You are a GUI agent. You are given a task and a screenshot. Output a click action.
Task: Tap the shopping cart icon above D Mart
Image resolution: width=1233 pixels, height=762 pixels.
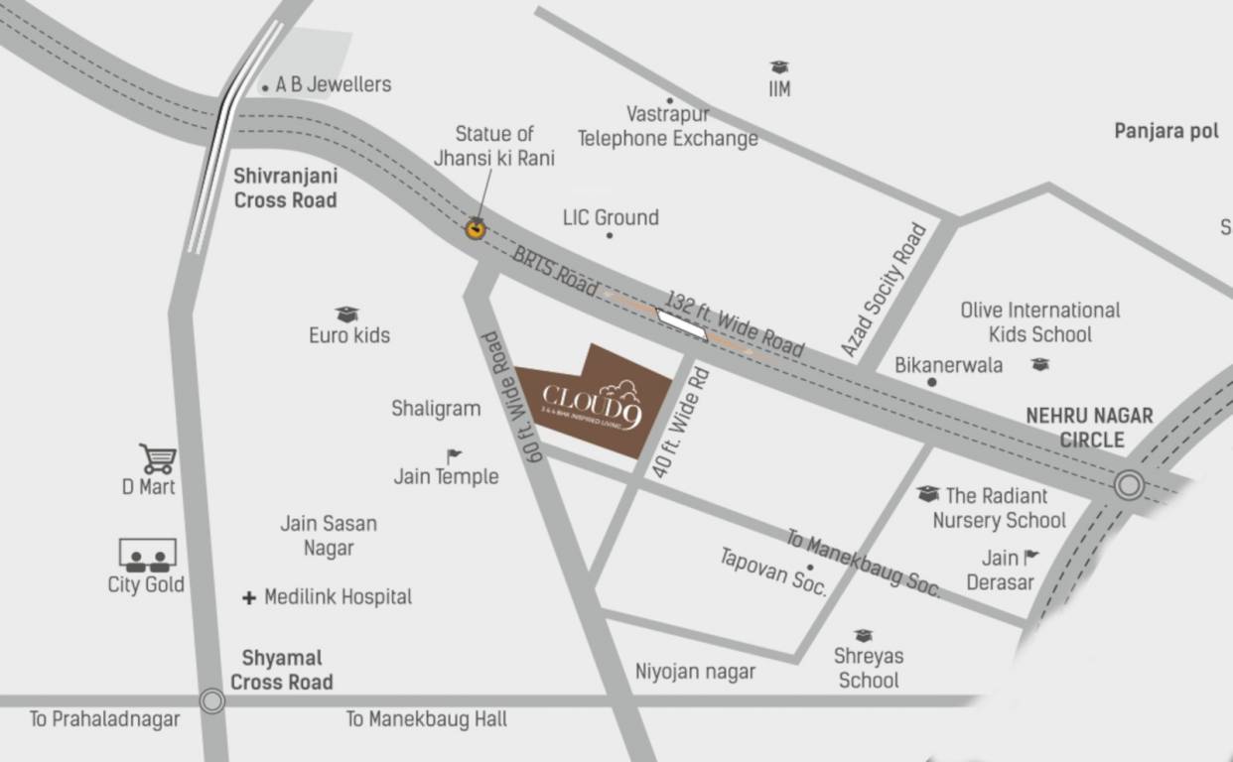tap(158, 458)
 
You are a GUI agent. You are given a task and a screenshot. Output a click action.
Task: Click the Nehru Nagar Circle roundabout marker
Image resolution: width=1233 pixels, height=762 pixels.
tap(1128, 485)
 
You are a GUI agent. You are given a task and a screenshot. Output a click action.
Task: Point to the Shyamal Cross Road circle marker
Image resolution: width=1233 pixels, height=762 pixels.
tap(211, 701)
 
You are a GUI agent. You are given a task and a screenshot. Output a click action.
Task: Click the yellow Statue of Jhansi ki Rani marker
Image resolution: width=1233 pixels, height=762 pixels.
tap(477, 229)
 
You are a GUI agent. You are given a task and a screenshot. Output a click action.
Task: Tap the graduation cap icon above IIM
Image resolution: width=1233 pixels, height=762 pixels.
tap(779, 66)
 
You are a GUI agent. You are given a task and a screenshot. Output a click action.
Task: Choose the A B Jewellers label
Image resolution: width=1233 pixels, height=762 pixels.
tap(334, 85)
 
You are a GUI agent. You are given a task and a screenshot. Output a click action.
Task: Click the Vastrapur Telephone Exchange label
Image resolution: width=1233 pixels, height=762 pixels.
tap(668, 127)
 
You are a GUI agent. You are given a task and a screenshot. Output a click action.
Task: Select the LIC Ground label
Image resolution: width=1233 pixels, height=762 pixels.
tap(611, 217)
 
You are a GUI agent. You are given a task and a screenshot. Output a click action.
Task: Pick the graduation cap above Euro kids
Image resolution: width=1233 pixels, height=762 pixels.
tap(346, 315)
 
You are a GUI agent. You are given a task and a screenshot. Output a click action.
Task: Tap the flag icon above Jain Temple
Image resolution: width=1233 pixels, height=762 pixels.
tap(454, 456)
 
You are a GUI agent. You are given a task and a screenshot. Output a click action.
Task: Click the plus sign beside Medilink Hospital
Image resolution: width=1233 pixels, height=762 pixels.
tap(249, 598)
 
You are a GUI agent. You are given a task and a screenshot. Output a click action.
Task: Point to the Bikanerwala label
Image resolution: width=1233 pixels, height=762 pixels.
tap(948, 365)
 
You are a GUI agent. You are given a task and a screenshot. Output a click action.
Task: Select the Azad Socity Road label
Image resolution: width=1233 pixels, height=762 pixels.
tap(884, 290)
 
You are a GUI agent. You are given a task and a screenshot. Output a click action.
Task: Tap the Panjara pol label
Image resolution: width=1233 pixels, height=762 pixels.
tap(1165, 131)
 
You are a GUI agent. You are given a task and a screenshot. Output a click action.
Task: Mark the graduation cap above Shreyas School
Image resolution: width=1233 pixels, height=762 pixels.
tap(864, 635)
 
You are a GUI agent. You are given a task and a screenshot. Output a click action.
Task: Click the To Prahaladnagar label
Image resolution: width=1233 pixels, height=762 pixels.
tap(104, 719)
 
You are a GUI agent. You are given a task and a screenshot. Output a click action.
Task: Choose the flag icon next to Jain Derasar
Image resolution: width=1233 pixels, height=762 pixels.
tap(1031, 557)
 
